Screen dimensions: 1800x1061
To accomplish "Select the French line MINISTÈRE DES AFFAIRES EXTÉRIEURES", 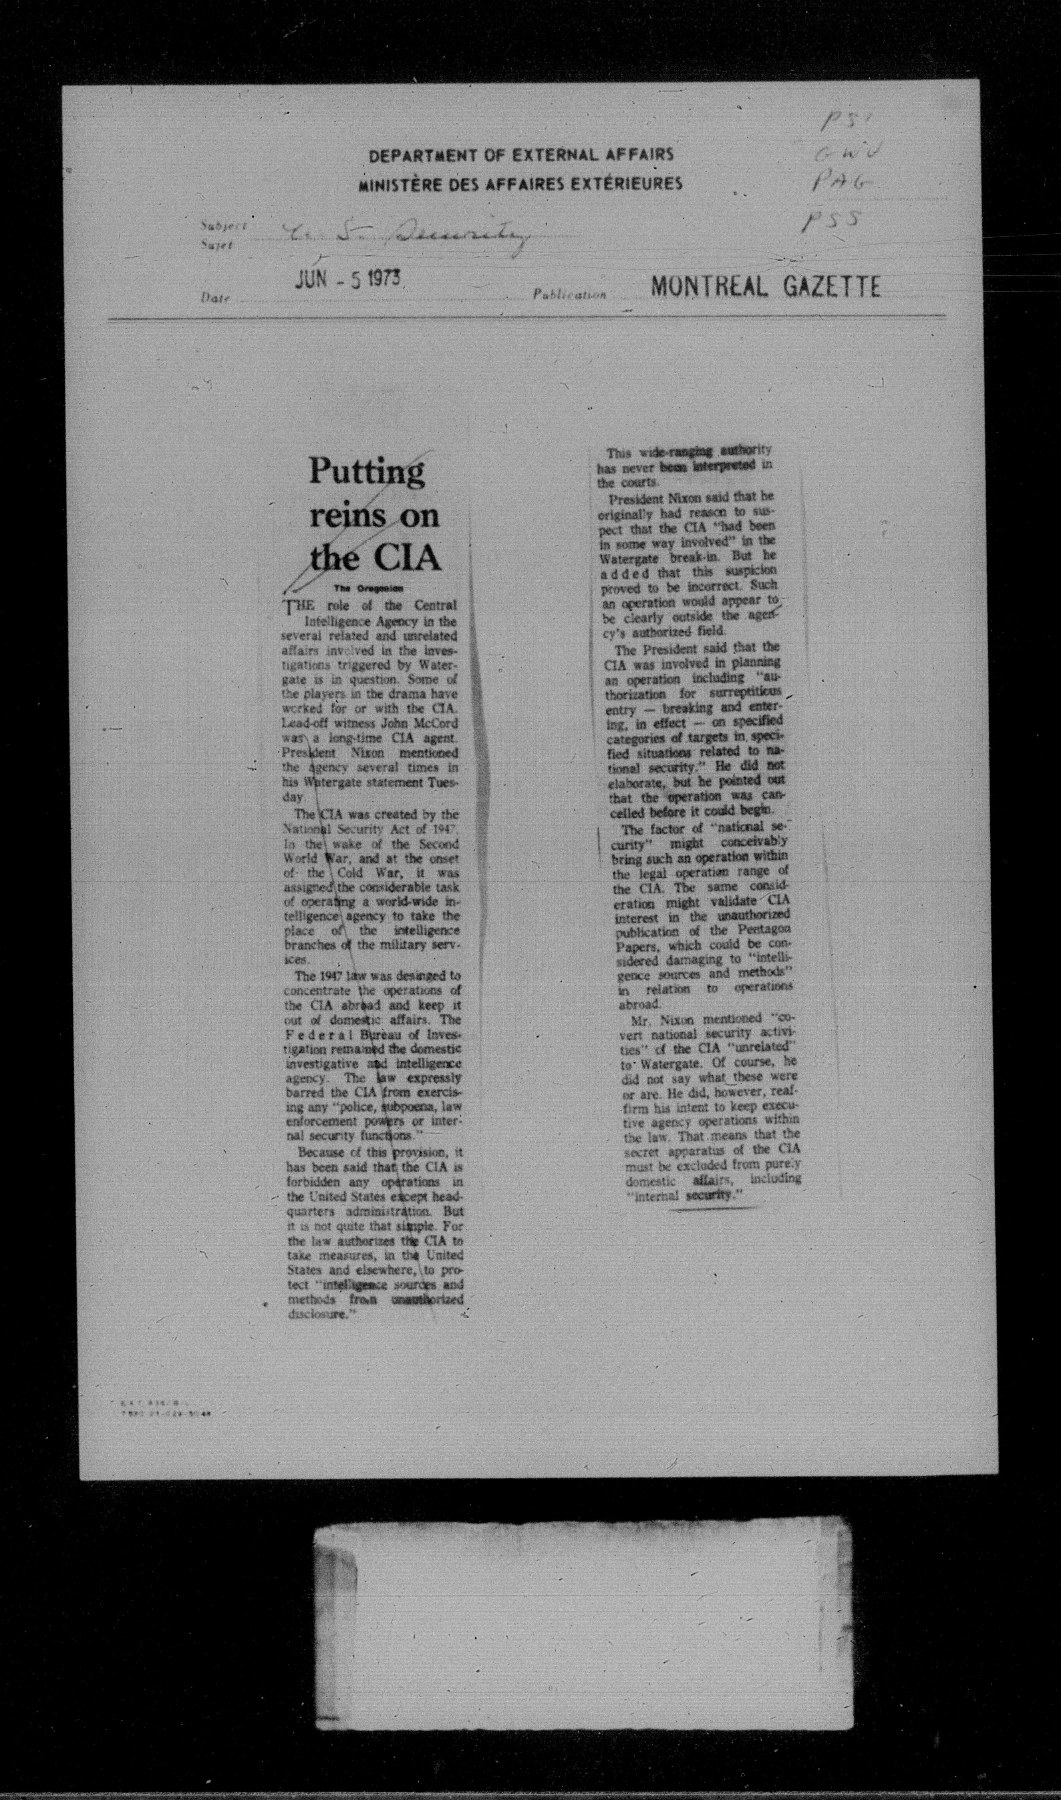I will (521, 184).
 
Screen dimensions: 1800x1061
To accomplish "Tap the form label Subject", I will (224, 225).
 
